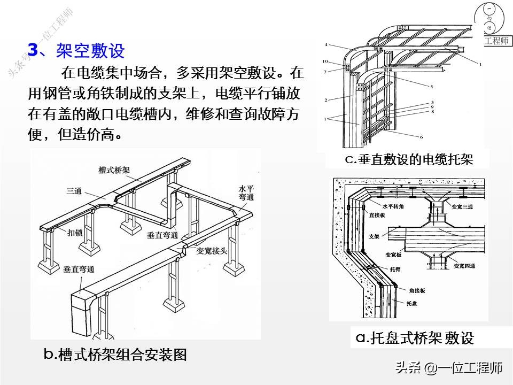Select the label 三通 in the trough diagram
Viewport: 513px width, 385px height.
(75, 190)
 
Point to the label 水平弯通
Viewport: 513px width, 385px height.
(246, 193)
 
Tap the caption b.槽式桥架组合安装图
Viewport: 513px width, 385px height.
(115, 354)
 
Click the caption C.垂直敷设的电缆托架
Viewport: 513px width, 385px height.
(409, 159)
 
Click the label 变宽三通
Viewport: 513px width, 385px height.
(463, 206)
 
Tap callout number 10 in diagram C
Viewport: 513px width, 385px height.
(325, 61)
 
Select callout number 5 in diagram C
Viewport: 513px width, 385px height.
(431, 86)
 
